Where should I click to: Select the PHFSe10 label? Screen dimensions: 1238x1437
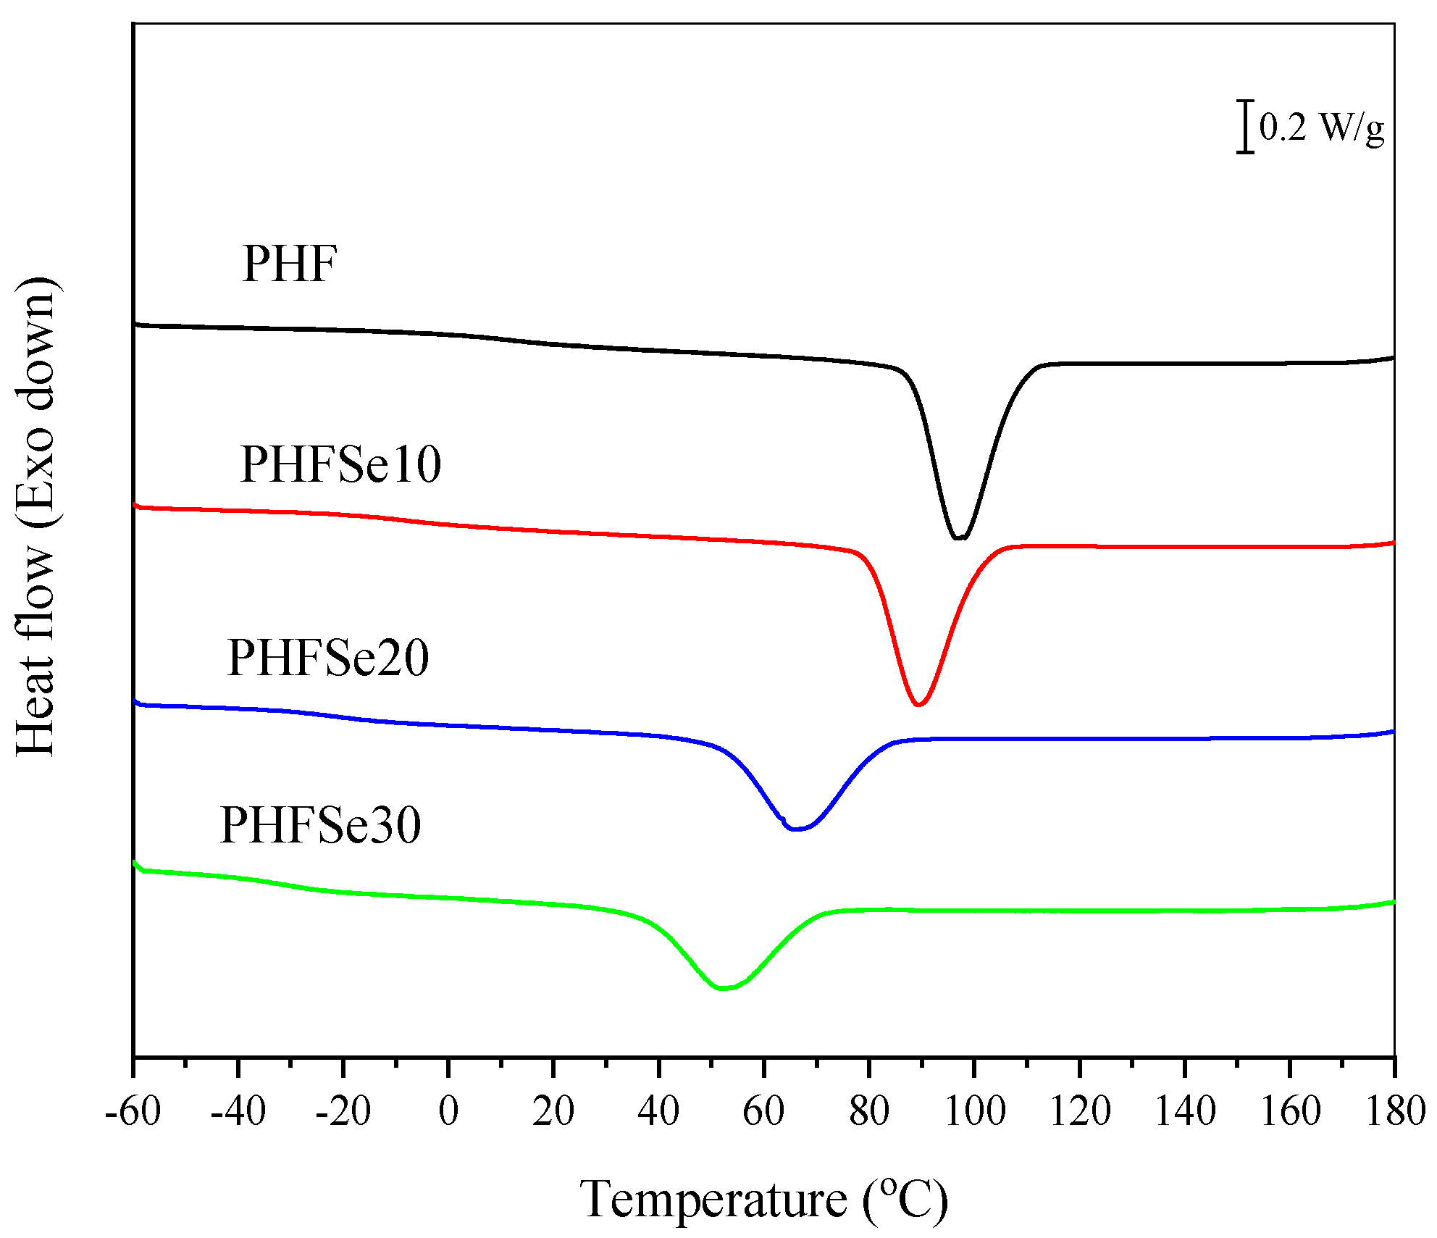[x=340, y=464]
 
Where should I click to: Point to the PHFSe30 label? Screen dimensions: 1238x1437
[x=320, y=825]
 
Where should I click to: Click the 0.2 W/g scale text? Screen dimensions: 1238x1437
[x=1321, y=129]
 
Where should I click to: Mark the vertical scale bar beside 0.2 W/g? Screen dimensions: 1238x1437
[x=1245, y=127]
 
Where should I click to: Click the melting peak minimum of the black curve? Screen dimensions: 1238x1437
[x=960, y=538]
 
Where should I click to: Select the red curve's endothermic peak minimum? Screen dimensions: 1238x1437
[x=918, y=704]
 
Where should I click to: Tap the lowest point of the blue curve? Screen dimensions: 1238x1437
[x=795, y=829]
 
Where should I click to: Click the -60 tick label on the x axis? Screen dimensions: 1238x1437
[x=133, y=1111]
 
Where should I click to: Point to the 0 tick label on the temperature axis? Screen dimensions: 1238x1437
[x=448, y=1111]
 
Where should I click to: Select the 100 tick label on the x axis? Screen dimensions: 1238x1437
[x=975, y=1111]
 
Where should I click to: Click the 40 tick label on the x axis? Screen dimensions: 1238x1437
[x=658, y=1111]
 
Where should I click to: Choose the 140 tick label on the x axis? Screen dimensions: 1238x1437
[x=1185, y=1111]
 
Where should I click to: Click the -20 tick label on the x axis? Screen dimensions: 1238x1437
[x=343, y=1111]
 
